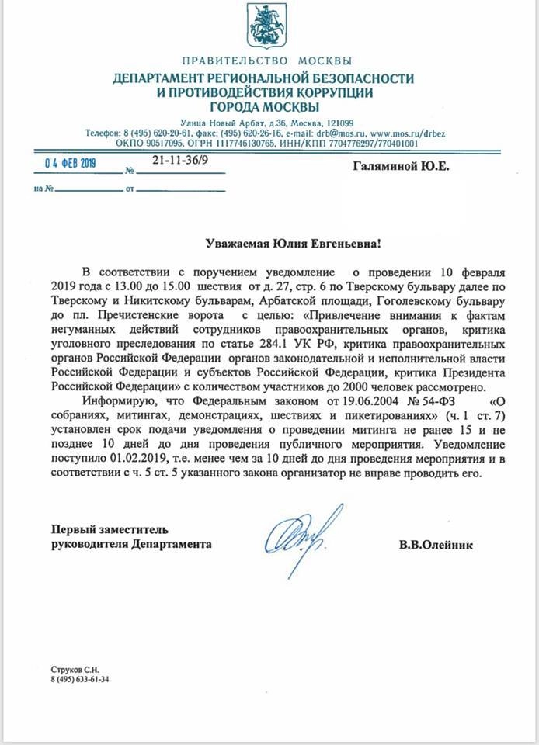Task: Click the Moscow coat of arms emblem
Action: pyautogui.click(x=266, y=27)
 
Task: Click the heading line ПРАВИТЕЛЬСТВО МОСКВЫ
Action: pyautogui.click(x=267, y=61)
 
